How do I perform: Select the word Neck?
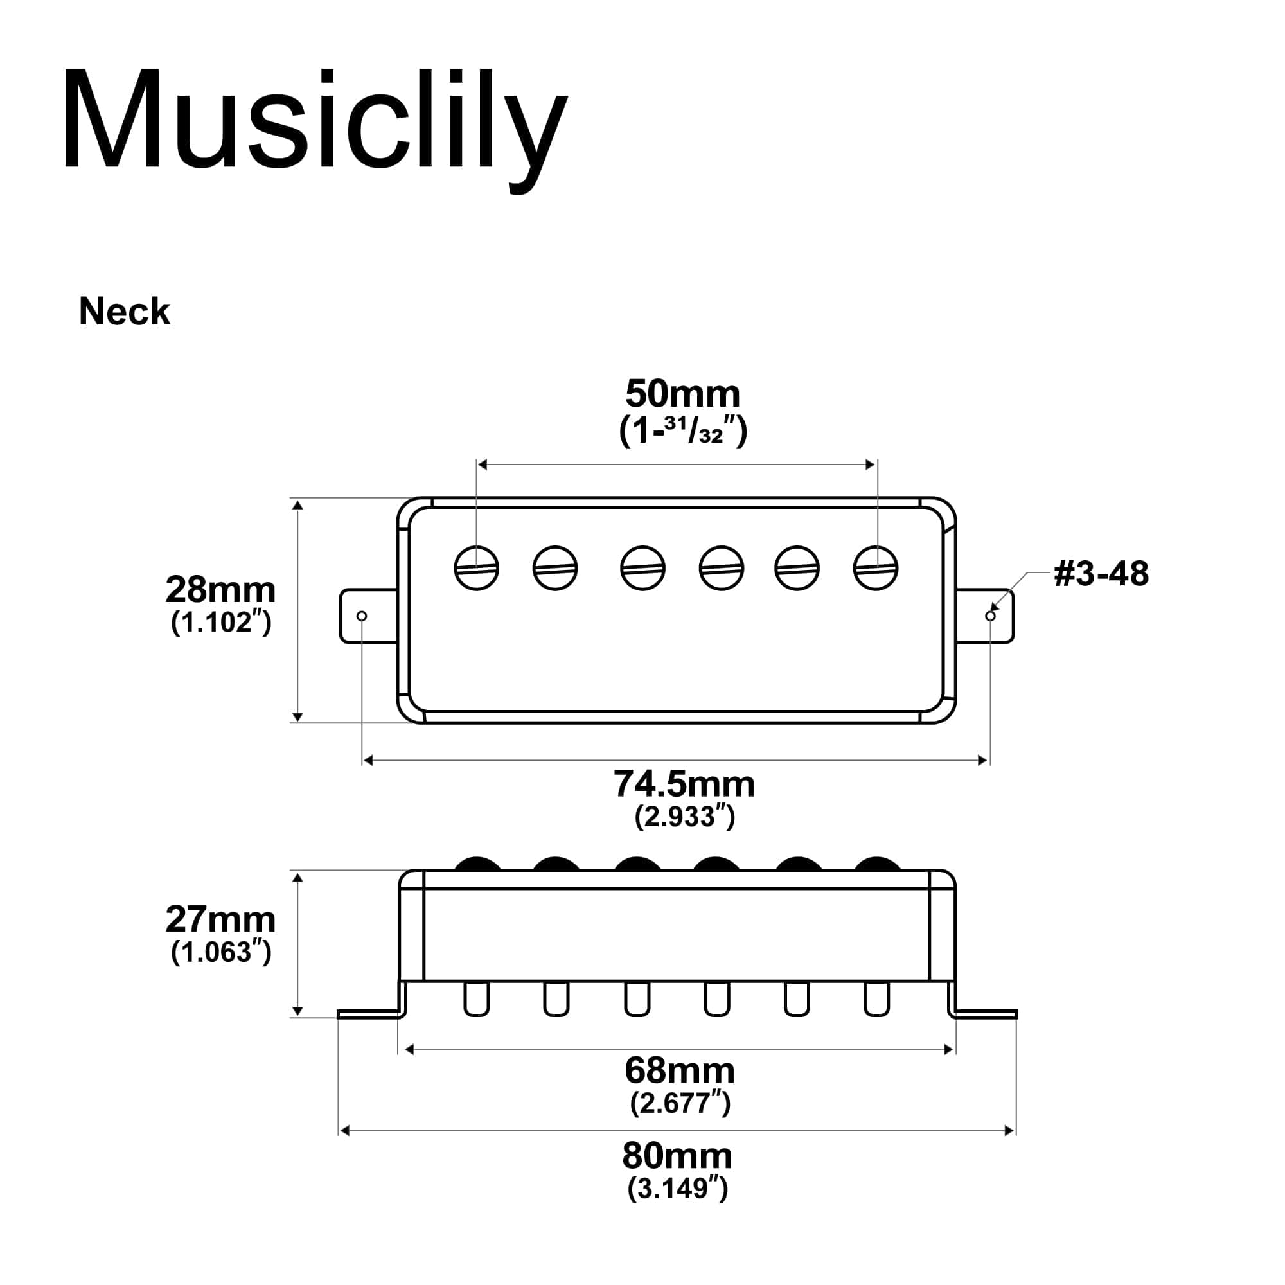[x=125, y=311]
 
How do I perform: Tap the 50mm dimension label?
[x=682, y=394]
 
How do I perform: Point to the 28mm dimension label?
[x=220, y=590]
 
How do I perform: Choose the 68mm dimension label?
[x=680, y=1071]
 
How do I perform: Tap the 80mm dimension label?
[x=677, y=1156]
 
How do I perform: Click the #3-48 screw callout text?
[x=1101, y=573]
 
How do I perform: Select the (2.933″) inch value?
[x=685, y=816]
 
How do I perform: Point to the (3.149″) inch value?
[x=678, y=1188]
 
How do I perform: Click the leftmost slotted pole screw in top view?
[x=477, y=568]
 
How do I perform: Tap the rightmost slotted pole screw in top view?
[x=876, y=568]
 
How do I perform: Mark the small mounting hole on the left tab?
[x=362, y=616]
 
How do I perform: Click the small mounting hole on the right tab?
[x=990, y=616]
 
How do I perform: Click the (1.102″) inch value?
[x=222, y=623]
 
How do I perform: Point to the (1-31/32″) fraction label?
[x=683, y=430]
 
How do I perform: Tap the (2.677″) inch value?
[x=680, y=1103]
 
